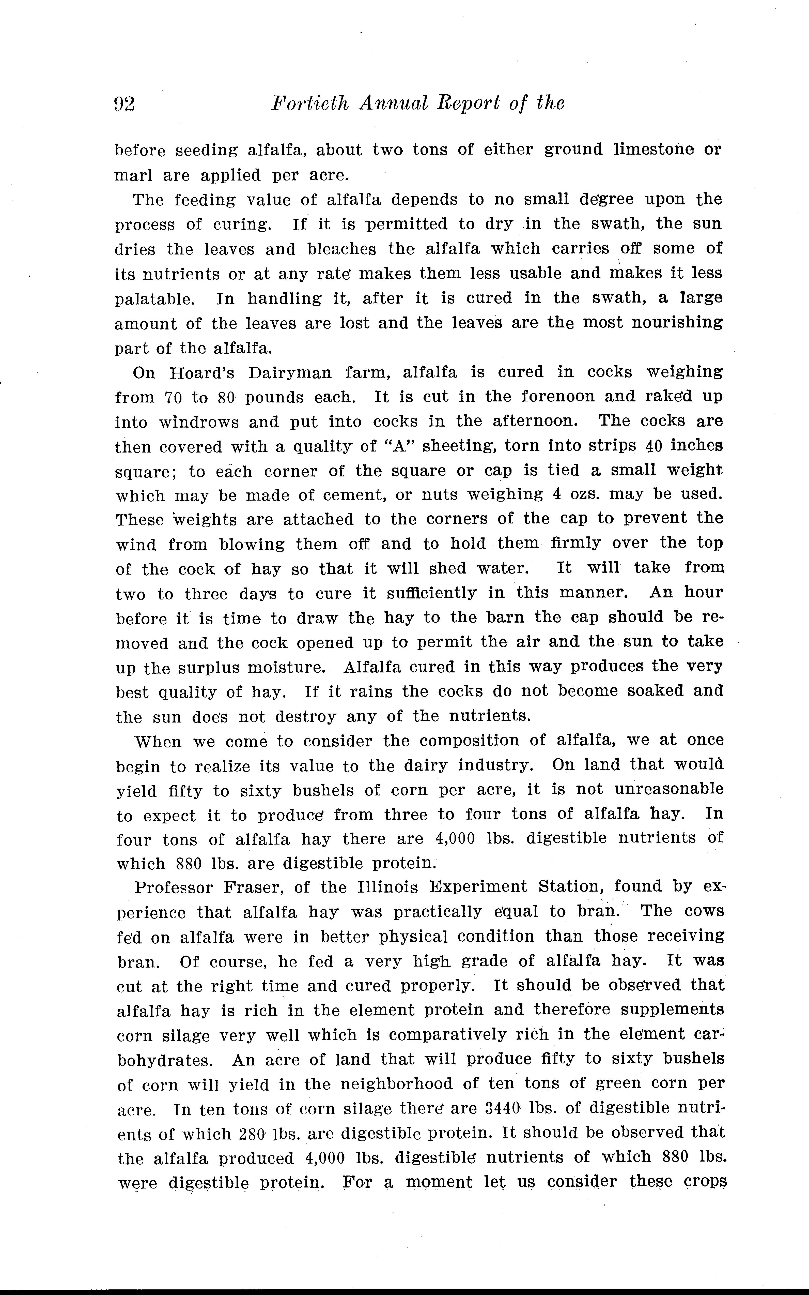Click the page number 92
tap(124, 103)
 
